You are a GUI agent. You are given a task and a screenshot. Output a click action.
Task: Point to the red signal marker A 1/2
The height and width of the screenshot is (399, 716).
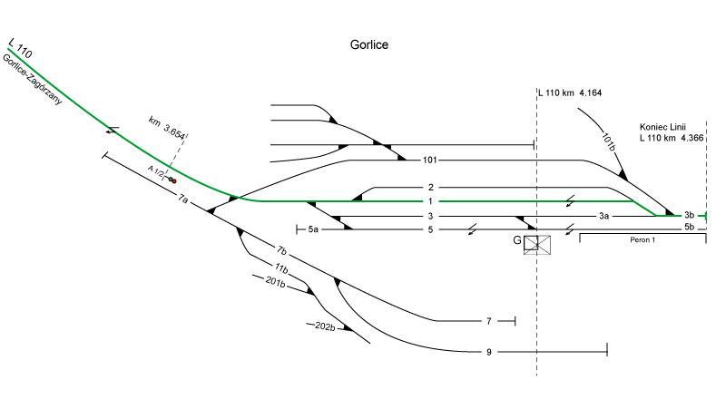pyautogui.click(x=172, y=180)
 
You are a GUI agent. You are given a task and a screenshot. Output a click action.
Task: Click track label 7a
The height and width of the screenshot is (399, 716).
pyautogui.click(x=183, y=198)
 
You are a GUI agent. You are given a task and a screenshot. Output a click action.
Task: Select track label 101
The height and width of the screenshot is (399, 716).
pyautogui.click(x=430, y=161)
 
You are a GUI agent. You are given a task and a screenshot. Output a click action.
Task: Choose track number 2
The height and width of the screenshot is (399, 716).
pyautogui.click(x=431, y=188)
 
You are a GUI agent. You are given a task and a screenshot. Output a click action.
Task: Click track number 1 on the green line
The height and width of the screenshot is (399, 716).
pyautogui.click(x=431, y=201)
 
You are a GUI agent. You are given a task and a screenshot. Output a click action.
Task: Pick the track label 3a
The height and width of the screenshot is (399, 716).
pyautogui.click(x=603, y=217)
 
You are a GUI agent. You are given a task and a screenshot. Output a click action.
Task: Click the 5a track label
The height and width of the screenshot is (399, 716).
pyautogui.click(x=313, y=230)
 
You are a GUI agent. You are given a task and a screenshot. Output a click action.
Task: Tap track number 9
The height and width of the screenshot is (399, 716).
pyautogui.click(x=488, y=351)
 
